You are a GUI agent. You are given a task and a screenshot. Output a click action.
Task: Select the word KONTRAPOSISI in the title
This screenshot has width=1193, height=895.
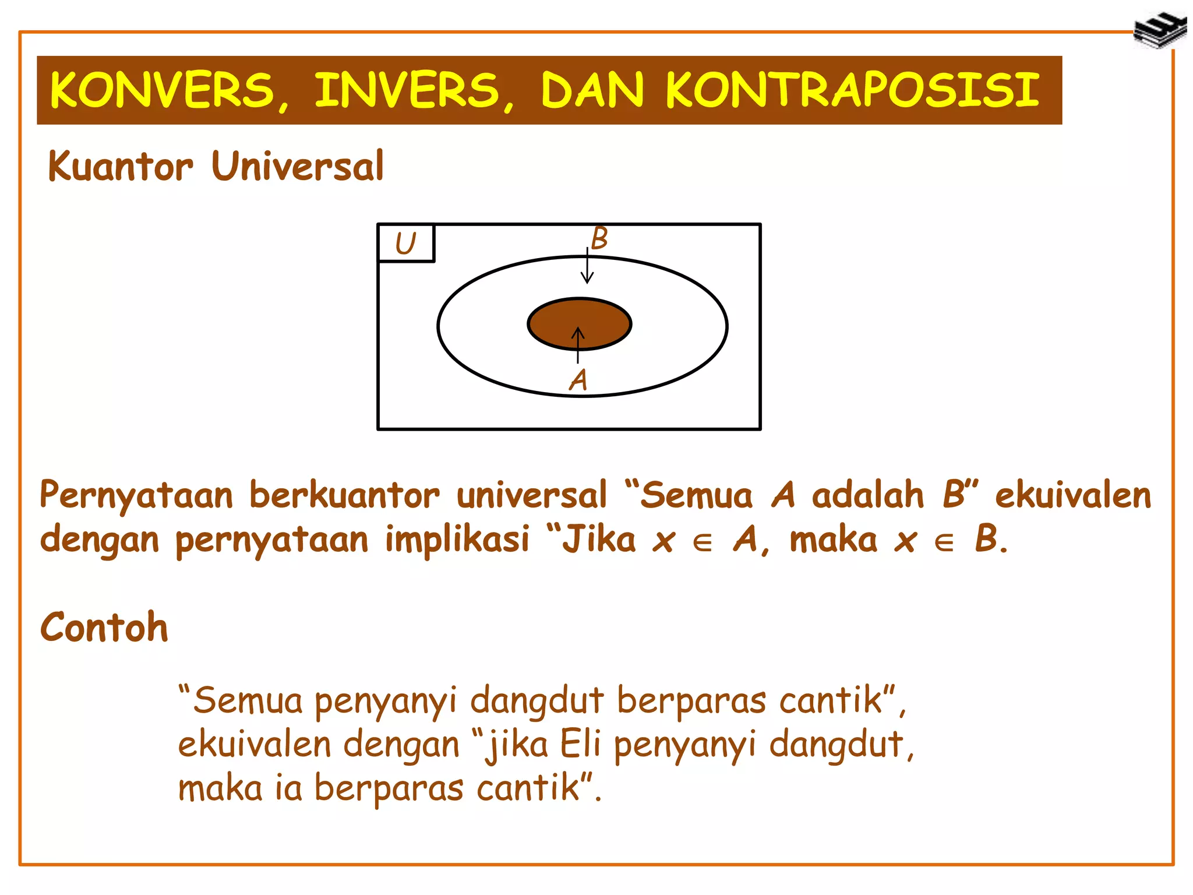852,90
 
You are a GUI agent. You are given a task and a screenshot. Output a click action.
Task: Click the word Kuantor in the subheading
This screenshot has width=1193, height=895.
120,167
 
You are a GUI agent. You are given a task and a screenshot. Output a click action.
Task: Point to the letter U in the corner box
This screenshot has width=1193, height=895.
405,244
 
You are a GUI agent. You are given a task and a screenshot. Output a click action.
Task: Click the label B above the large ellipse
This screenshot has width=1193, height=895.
599,238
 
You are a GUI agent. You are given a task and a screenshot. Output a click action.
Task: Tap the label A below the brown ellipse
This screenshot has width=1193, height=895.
578,380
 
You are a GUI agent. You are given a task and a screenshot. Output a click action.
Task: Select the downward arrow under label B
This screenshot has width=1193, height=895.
587,267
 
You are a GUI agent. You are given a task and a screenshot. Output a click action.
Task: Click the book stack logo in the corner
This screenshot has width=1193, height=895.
1159,30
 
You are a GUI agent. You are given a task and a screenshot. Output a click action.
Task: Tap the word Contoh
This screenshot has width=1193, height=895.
104,628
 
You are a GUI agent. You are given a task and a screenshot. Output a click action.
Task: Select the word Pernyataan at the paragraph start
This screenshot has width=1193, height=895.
136,496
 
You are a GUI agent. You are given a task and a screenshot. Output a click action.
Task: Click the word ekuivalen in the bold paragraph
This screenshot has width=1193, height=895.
1072,496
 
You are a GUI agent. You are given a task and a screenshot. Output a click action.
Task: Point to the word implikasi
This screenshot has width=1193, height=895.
457,539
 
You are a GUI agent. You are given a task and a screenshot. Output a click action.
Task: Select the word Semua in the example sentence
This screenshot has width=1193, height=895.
248,700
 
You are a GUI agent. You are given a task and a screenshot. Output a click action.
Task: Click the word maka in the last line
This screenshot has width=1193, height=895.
220,788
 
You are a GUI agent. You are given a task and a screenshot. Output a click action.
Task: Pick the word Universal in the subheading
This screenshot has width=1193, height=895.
298,167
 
